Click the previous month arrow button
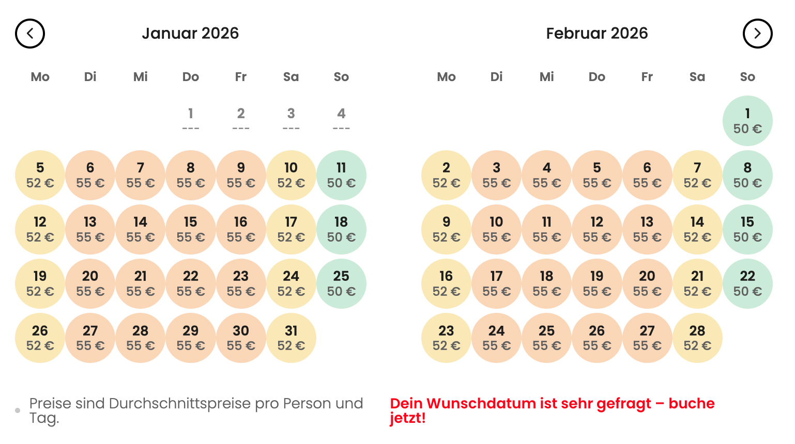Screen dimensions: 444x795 (30, 34)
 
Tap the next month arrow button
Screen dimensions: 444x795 (757, 34)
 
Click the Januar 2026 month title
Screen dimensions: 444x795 (190, 34)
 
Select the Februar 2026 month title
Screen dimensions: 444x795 (597, 34)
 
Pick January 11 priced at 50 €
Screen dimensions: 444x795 (341, 175)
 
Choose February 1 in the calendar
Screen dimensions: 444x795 (747, 121)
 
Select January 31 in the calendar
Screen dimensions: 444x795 (291, 338)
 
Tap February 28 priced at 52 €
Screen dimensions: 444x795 (697, 338)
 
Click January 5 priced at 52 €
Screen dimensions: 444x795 (40, 175)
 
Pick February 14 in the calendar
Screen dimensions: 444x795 (697, 229)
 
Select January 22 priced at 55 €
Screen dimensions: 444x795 (190, 283)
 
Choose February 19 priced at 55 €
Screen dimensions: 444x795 (597, 283)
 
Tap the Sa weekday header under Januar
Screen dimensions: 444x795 (291, 77)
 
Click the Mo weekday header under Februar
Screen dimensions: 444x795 (446, 77)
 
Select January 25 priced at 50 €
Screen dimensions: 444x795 (341, 283)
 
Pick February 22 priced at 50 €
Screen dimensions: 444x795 (747, 283)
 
